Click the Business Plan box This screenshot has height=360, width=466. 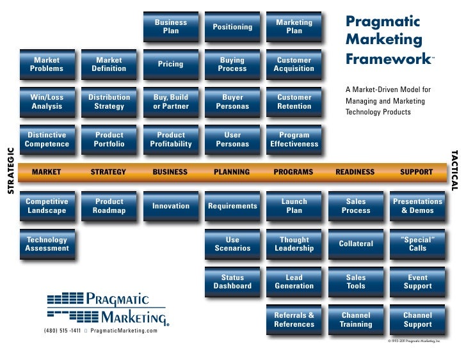(171, 26)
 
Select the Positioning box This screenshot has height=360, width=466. (232, 27)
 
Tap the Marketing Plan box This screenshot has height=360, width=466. (294, 26)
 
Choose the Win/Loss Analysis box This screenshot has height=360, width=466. (47, 102)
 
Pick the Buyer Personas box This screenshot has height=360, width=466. (232, 102)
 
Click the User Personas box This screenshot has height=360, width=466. (232, 139)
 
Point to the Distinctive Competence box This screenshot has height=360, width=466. (47, 139)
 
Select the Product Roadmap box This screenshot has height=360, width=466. (109, 206)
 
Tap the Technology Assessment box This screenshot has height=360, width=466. (47, 244)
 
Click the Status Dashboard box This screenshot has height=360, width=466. (232, 282)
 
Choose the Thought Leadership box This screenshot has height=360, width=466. (294, 244)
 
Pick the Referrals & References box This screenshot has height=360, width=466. (294, 320)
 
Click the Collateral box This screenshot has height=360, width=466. (356, 244)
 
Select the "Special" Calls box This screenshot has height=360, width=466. (417, 244)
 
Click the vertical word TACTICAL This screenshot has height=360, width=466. (454, 170)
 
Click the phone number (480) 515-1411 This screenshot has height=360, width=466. (62, 330)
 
